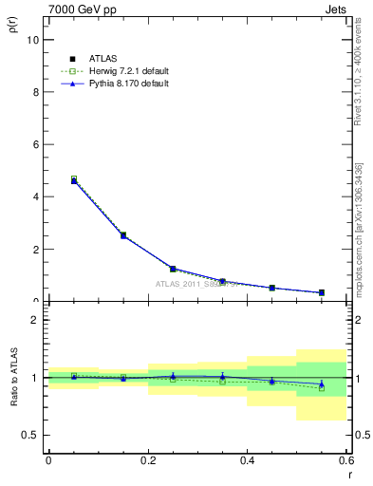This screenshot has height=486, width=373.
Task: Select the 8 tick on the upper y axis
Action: point(35,92)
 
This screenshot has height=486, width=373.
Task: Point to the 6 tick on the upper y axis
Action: point(35,144)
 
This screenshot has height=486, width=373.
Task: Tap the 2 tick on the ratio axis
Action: point(35,320)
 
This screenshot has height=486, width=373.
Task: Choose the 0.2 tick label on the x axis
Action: point(147,460)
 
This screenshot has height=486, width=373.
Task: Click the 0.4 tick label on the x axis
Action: point(247,460)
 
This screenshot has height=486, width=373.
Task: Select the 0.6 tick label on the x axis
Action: point(345,460)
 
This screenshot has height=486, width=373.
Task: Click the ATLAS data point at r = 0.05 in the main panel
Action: point(73,180)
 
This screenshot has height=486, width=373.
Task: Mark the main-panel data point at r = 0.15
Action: point(123,235)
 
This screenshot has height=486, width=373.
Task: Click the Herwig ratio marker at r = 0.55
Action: point(322,387)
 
